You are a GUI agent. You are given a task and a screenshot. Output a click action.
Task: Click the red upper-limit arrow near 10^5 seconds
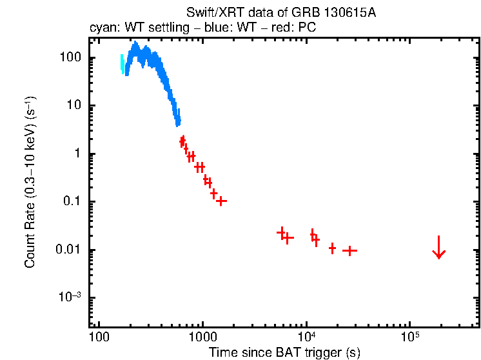point(439,248)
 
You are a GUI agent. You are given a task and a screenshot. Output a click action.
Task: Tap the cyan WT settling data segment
point(123,64)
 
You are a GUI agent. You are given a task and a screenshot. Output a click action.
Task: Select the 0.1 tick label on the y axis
point(72,202)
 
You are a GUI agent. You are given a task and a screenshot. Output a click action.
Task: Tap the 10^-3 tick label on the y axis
point(70,298)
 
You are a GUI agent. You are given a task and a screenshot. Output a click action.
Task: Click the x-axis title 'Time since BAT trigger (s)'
point(284,352)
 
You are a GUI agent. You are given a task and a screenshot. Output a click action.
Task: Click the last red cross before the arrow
point(349,250)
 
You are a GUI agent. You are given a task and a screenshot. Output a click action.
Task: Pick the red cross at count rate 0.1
point(221,201)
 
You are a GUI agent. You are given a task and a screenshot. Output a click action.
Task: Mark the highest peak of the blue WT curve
point(135,45)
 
